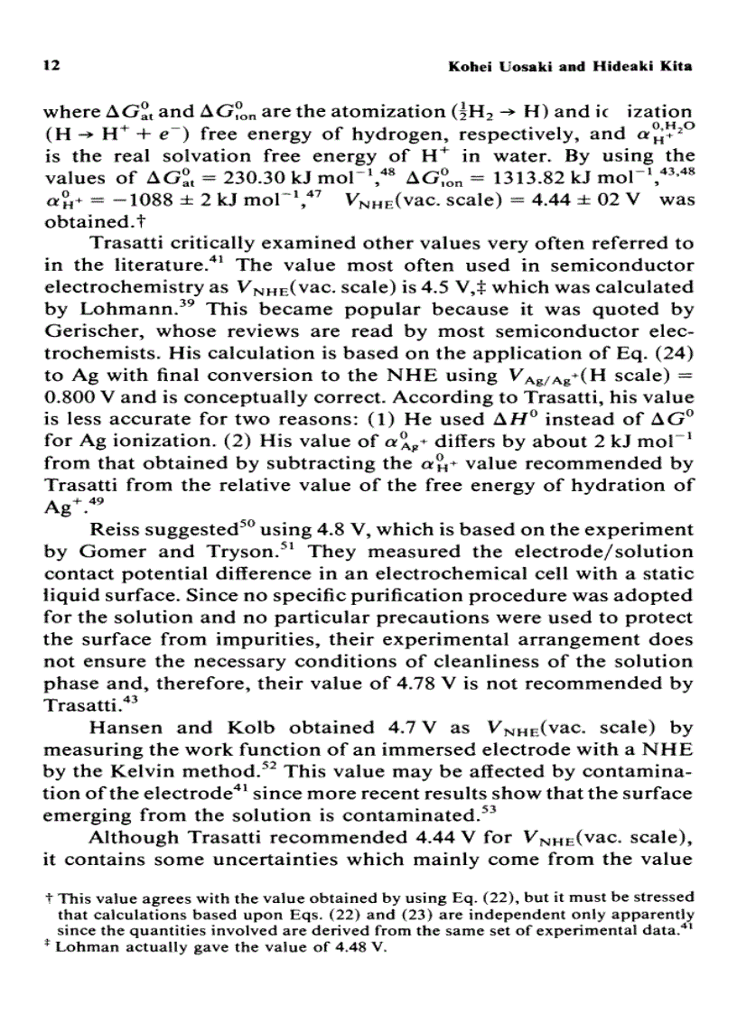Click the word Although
129,836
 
